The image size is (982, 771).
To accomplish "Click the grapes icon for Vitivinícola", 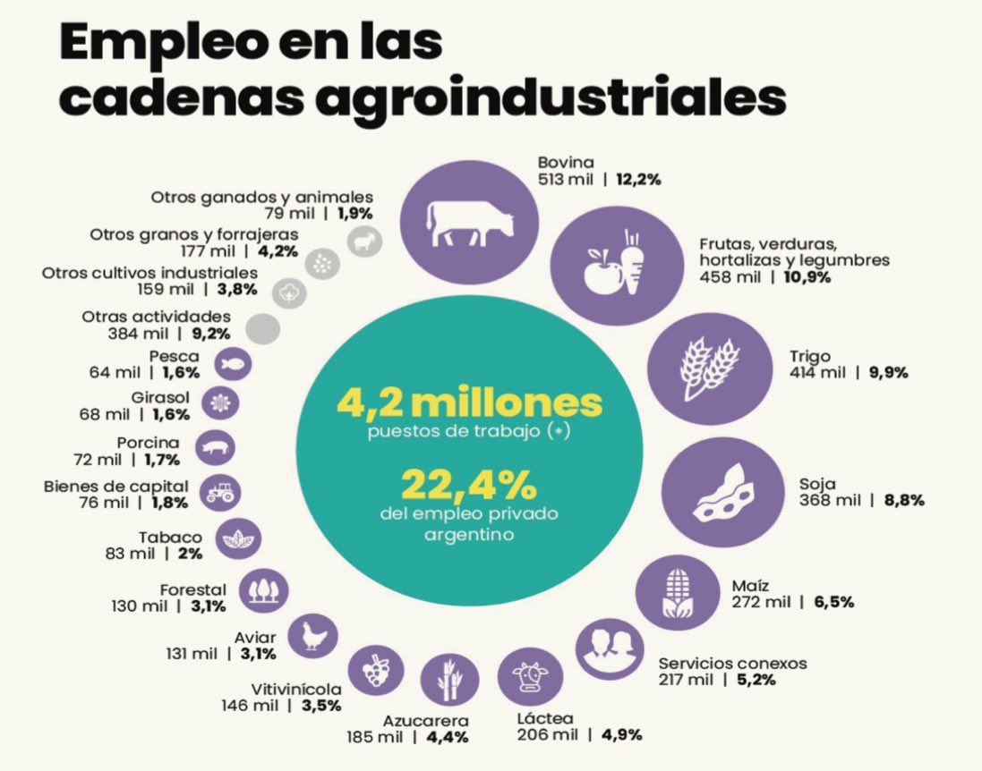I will [x=375, y=669].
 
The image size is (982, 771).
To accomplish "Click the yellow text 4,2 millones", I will [x=469, y=403].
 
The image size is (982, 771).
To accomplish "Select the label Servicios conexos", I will [x=732, y=664].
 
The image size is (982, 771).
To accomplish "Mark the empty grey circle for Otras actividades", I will [x=262, y=329].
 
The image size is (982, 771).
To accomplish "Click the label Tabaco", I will [x=170, y=538].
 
